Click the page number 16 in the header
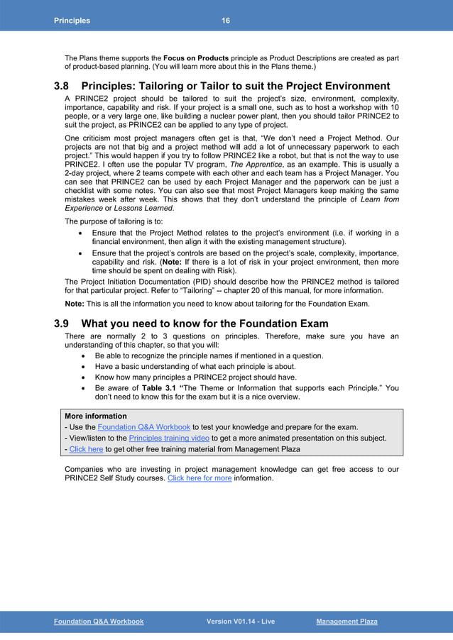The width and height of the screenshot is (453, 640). pos(225,21)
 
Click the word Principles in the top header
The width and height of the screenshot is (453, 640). pos(72,21)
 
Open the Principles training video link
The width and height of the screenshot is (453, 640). pos(169,438)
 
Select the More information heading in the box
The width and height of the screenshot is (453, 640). pos(96,416)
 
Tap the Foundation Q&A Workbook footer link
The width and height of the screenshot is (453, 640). pos(99,622)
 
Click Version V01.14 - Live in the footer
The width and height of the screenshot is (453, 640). pos(240,622)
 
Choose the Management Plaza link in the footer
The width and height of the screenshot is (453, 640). pos(346,622)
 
